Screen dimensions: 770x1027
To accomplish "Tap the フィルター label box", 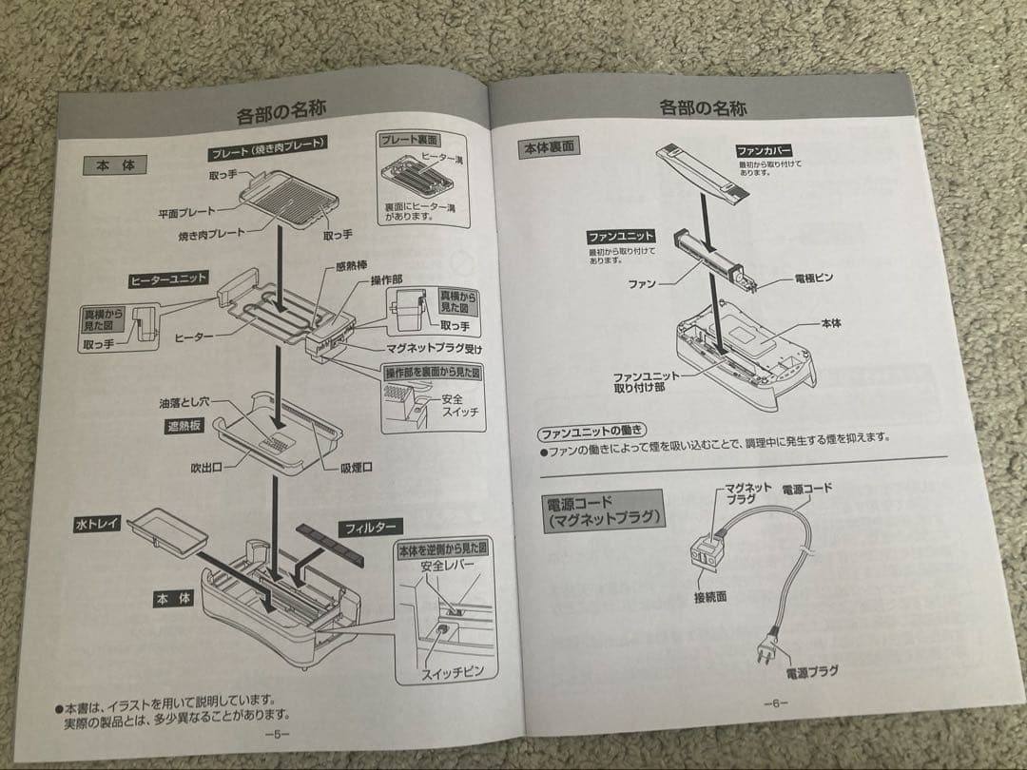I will click(x=371, y=526).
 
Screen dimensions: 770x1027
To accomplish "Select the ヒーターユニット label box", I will click(x=168, y=279).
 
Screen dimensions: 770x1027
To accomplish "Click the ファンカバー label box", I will click(x=765, y=150).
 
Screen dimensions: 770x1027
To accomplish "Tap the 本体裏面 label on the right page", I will click(x=550, y=148).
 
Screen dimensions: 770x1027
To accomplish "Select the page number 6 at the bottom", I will click(x=776, y=703).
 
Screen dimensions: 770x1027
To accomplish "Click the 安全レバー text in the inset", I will click(x=447, y=566).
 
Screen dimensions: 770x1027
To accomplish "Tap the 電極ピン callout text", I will click(x=813, y=278).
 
